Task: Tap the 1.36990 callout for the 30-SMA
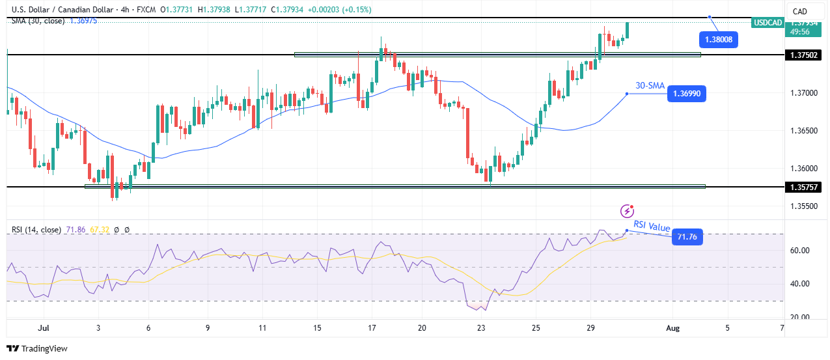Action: [687, 94]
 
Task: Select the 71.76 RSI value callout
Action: [687, 237]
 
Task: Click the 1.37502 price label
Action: [805, 55]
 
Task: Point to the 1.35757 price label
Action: [805, 187]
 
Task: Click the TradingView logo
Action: [37, 349]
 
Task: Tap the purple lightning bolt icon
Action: [627, 210]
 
